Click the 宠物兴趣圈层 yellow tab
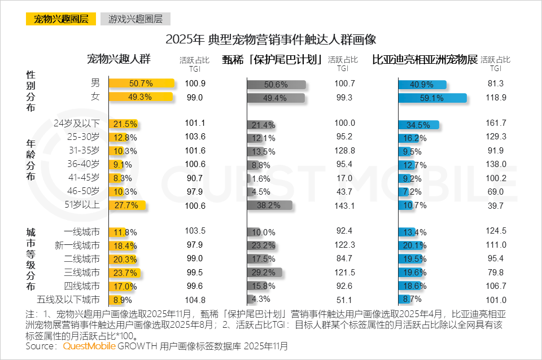click(61, 19)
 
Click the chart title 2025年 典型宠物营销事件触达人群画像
click(271, 39)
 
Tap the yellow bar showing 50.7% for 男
click(141, 84)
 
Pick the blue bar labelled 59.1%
click(432, 98)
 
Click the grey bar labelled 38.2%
click(269, 205)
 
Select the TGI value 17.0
click(344, 178)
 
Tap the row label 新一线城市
click(77, 245)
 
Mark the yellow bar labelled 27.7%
click(127, 205)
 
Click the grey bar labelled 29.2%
click(264, 273)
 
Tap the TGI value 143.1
click(344, 205)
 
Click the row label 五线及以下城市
click(68, 300)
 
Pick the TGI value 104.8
click(194, 300)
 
